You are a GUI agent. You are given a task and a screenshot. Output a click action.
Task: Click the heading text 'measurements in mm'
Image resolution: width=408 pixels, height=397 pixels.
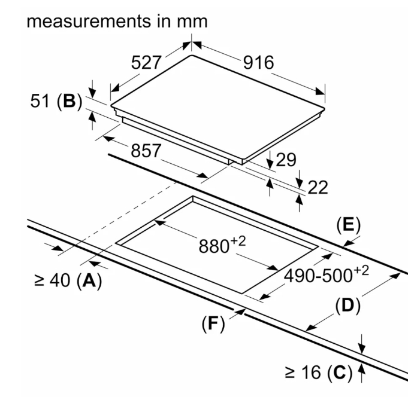117,22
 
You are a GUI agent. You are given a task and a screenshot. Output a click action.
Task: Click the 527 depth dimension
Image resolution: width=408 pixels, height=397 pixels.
146,63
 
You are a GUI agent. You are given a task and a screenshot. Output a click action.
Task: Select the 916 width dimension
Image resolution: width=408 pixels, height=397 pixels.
258,63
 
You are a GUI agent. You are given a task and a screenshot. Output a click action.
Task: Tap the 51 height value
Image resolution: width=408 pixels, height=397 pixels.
40,100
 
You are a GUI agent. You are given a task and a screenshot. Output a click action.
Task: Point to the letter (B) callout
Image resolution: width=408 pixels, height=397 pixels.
69,101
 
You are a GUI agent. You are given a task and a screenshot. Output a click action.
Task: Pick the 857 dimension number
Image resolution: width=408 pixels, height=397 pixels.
146,151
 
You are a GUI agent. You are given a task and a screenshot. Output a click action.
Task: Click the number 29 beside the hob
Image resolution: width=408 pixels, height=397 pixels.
286,160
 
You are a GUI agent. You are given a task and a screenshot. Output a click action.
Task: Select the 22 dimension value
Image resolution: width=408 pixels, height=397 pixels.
318,188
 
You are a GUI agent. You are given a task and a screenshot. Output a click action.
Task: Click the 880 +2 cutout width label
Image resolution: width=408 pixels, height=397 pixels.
222,245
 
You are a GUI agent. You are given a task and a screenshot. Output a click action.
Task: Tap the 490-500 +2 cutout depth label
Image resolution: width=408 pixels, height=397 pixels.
327,274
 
